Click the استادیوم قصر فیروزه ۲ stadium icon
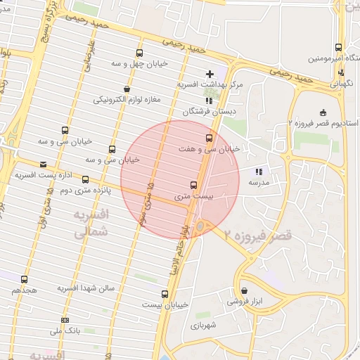(x=323, y=112)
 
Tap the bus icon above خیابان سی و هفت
(x=208, y=138)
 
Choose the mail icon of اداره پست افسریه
(x=44, y=164)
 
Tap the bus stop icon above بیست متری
(x=194, y=186)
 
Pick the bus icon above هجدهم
(x=25, y=279)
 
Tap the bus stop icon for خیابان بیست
(x=165, y=294)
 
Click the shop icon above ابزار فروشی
(x=244, y=290)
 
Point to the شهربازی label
(x=205, y=326)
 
